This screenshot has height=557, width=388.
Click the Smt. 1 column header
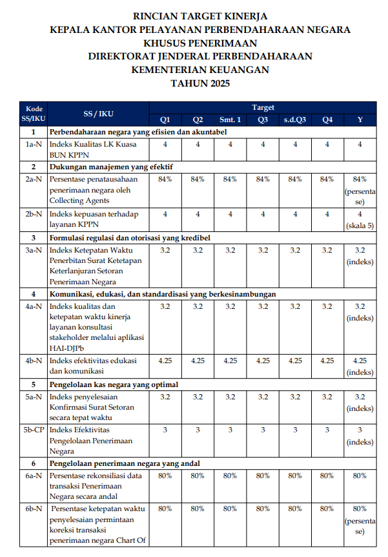(x=230, y=120)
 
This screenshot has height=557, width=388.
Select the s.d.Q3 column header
(x=295, y=120)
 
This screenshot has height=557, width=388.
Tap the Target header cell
(x=263, y=107)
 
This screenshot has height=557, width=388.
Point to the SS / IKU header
(x=98, y=114)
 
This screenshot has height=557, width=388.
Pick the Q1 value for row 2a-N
(x=165, y=179)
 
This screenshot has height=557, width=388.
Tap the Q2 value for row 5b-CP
(x=198, y=430)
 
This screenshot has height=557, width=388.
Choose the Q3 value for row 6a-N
(x=263, y=476)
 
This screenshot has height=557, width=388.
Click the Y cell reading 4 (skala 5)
(x=360, y=220)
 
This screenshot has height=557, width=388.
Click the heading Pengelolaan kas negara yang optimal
(x=114, y=384)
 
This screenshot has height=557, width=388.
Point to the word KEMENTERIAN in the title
(x=165, y=70)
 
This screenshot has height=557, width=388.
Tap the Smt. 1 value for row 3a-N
(x=230, y=250)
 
